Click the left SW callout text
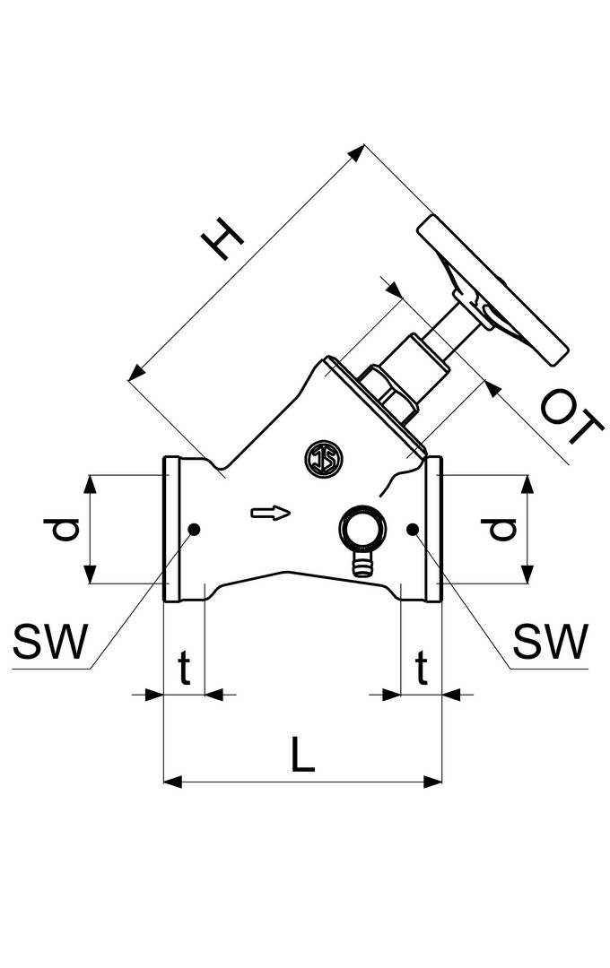tap(50, 641)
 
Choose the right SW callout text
tap(550, 641)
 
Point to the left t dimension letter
tap(184, 669)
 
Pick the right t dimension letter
tap(422, 669)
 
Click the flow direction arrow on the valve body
tap(270, 513)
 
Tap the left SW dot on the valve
tap(195, 529)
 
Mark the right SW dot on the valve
tap(413, 529)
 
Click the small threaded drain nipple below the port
tap(362, 565)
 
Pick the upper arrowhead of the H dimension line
tap(358, 151)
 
